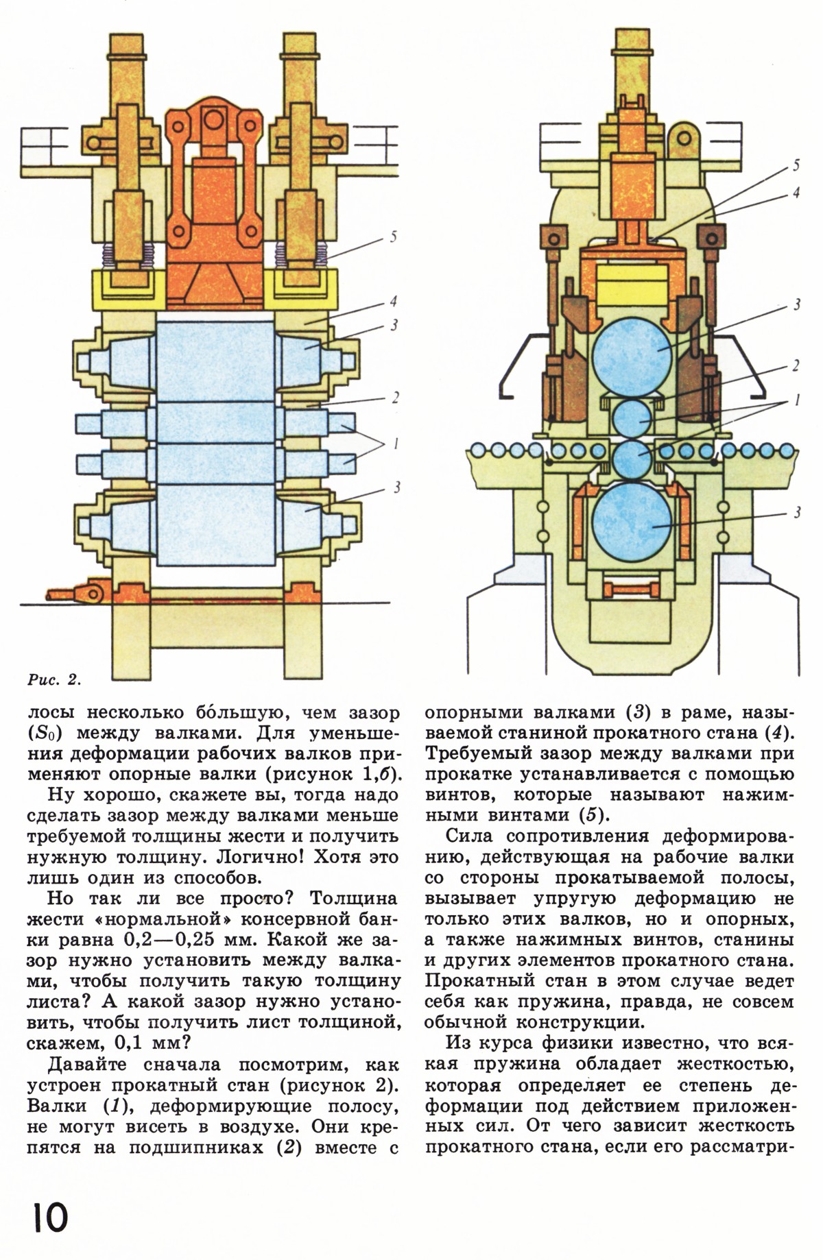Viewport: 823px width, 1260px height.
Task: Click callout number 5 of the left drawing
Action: (x=393, y=237)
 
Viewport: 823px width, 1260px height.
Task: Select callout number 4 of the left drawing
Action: (x=393, y=302)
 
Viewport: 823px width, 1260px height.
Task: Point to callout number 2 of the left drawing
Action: (x=396, y=398)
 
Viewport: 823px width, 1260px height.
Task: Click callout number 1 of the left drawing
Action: (x=396, y=444)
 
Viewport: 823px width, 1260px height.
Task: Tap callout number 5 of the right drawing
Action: (x=796, y=165)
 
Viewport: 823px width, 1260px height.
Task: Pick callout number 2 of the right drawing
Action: (x=796, y=365)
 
